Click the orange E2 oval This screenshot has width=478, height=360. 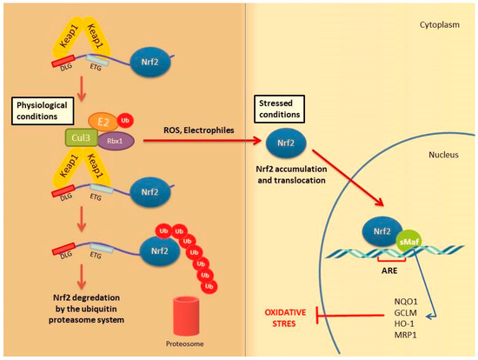click(x=103, y=122)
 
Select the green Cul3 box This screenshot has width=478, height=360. click(x=82, y=137)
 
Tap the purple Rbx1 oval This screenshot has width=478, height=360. click(x=116, y=141)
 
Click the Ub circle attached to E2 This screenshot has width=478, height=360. click(x=125, y=121)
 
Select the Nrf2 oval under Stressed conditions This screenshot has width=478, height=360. click(x=286, y=143)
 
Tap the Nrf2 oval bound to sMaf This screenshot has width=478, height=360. click(x=382, y=232)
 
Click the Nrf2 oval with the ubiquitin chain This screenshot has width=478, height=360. click(x=160, y=251)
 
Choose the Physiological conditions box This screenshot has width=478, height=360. click(x=43, y=111)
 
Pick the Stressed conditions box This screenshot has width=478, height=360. click(x=280, y=109)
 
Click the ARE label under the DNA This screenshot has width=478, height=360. click(x=389, y=270)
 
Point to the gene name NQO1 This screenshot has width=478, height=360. click(x=406, y=302)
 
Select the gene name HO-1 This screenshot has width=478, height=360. click(x=404, y=323)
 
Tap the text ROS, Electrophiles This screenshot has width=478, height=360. click(x=199, y=130)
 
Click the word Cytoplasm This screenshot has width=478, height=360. click(x=440, y=24)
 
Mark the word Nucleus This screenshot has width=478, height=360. click(x=443, y=155)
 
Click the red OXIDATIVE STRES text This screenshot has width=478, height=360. click(x=285, y=318)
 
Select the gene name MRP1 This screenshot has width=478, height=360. click(x=406, y=335)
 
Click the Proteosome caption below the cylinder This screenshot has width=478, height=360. click(x=185, y=343)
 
